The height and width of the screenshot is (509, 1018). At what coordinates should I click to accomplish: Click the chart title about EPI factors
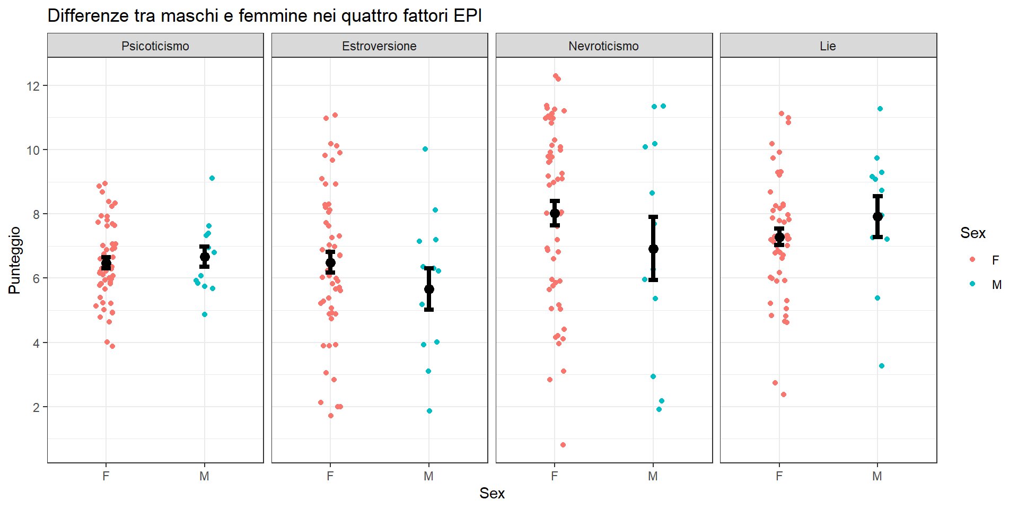click(x=265, y=16)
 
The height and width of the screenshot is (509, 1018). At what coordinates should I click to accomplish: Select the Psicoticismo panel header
click(x=155, y=46)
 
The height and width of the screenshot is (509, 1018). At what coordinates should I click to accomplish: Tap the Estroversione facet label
click(x=379, y=46)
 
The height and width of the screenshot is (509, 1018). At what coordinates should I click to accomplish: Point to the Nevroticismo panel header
click(x=603, y=46)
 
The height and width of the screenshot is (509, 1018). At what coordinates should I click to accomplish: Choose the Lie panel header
click(x=828, y=46)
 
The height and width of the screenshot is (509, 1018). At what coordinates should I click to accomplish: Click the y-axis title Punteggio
click(x=14, y=260)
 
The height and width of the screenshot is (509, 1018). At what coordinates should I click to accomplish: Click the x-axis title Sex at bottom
click(x=492, y=494)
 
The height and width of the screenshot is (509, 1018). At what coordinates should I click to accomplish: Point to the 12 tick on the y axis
click(x=33, y=86)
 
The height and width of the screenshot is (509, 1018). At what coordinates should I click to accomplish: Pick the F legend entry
click(x=995, y=260)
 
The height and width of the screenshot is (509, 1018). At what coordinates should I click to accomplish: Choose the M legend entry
click(x=996, y=285)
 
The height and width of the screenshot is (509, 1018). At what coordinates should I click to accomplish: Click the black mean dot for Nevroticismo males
click(x=653, y=249)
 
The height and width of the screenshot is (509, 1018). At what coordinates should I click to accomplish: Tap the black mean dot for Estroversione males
click(x=429, y=289)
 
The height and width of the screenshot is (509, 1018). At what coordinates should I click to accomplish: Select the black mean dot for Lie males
click(x=877, y=216)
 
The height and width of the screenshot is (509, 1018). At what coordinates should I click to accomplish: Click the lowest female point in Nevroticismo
click(x=563, y=445)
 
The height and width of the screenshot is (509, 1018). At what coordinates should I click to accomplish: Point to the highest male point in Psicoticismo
click(x=212, y=178)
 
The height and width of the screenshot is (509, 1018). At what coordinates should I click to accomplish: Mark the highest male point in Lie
click(x=880, y=109)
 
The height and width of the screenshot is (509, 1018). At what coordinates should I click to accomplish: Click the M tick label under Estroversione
click(x=428, y=476)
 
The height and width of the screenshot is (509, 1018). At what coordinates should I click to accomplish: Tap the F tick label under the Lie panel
click(x=779, y=476)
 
